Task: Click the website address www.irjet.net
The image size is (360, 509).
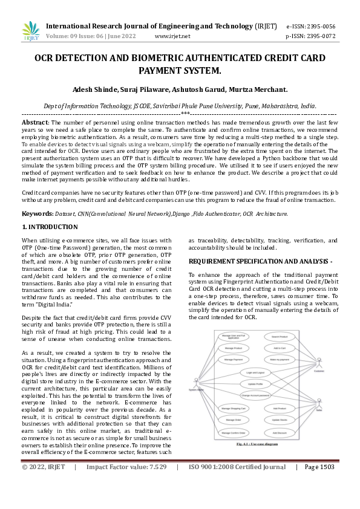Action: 172,36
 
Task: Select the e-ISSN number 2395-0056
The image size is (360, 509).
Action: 319,27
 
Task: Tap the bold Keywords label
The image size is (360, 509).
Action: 38,213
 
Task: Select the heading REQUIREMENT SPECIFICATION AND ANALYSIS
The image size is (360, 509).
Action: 260,261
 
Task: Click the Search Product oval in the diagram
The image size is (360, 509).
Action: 280,336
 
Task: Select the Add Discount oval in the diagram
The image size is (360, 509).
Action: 280,433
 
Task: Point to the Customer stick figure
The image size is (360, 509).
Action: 318,363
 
